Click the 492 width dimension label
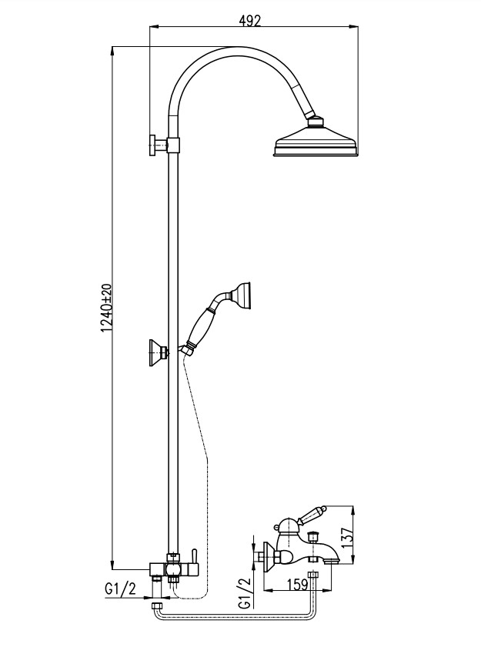click(x=249, y=21)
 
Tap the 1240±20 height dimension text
click(x=107, y=307)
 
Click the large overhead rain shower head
click(x=316, y=142)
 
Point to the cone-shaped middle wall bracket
click(x=156, y=352)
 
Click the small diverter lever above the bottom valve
click(x=194, y=556)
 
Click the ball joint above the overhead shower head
click(x=314, y=120)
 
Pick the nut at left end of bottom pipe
click(x=157, y=607)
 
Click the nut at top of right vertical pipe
click(x=312, y=575)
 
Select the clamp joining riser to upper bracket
click(x=175, y=144)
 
